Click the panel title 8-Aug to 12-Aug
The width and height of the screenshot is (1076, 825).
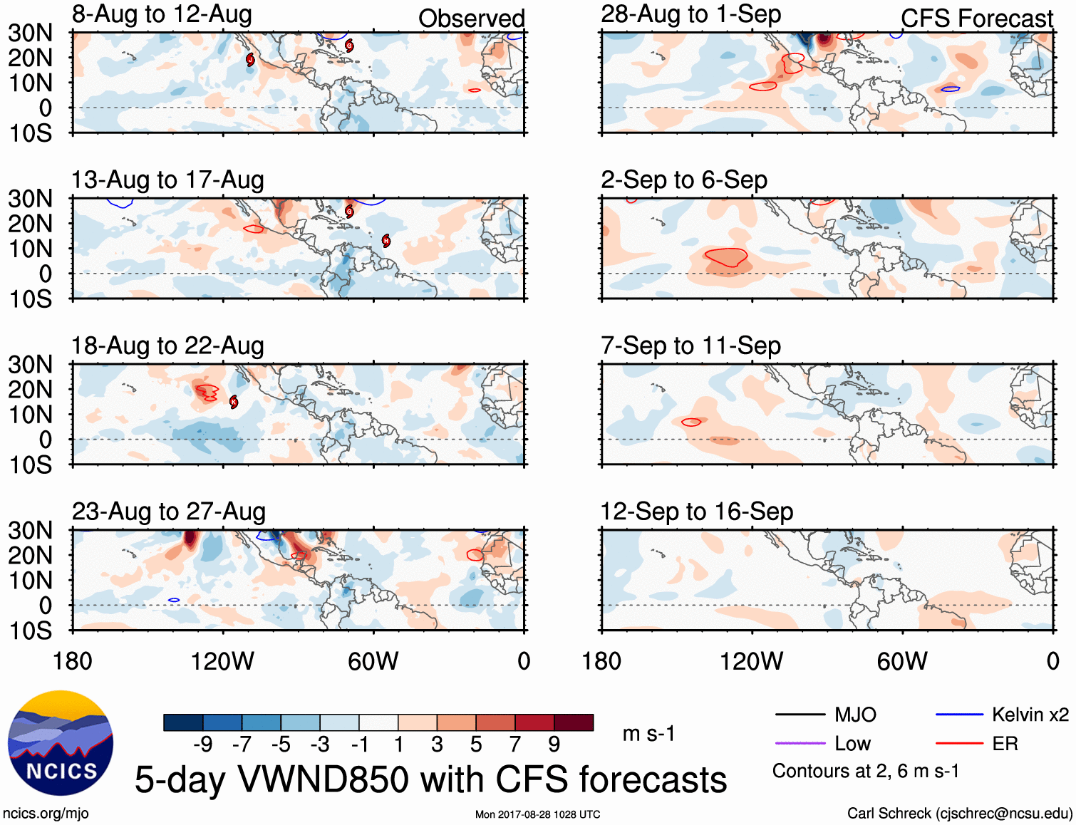coord(162,14)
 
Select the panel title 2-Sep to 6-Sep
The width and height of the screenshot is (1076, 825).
coord(684,180)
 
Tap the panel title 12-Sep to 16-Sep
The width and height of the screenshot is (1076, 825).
coord(696,512)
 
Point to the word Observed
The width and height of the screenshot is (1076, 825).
coord(471,19)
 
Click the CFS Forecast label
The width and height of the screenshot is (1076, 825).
coord(976,19)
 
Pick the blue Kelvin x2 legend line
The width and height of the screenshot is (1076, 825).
coord(959,715)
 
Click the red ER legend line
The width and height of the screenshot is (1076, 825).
coord(959,744)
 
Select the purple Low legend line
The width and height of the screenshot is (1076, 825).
coord(800,744)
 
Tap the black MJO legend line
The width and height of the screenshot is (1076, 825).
coord(800,715)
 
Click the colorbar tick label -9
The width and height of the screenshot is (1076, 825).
coord(203,744)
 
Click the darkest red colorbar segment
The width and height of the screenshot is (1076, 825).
coord(574,722)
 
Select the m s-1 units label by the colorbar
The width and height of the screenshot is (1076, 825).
coord(648,734)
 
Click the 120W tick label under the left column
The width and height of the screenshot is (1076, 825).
coord(222,661)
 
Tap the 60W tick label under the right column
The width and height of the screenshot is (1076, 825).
coord(902,661)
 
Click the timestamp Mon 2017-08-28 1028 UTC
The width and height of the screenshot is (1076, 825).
coord(537,814)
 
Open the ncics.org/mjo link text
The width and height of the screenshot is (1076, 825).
coord(46,814)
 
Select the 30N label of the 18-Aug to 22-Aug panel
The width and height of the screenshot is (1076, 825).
coord(31,365)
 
